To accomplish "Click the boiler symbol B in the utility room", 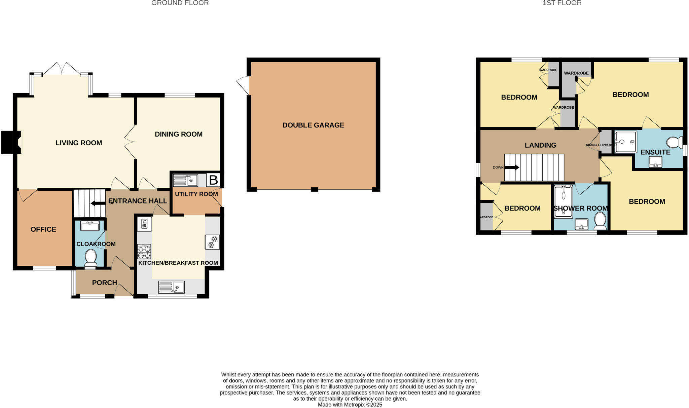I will tap(213, 180).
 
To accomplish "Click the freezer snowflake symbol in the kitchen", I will tap(212, 242).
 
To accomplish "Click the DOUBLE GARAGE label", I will tap(313, 125).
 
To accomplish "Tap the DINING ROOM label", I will tap(178, 134).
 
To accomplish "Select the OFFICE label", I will tap(43, 229).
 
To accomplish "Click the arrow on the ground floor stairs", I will tap(98, 203).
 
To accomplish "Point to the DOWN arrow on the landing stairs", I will tap(512, 168).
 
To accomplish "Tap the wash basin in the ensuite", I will tap(655, 162).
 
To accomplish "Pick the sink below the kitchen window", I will tap(171, 287).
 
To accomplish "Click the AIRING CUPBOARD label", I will tap(600, 145).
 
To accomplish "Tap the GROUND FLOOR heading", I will tap(180, 3).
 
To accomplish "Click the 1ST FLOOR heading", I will tap(562, 3).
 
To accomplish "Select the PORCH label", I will tap(105, 283).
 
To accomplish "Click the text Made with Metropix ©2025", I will tap(350, 405).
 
